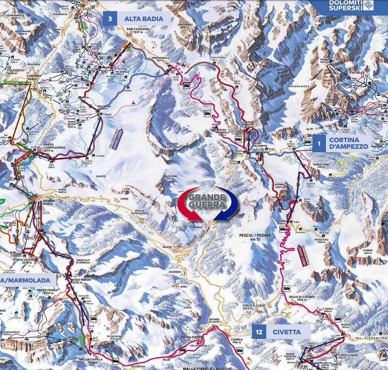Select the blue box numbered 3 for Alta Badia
point(109,19)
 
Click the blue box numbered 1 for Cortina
point(319,142)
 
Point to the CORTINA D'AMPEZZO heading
point(348,142)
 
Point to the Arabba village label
point(49,202)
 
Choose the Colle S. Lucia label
point(253,306)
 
